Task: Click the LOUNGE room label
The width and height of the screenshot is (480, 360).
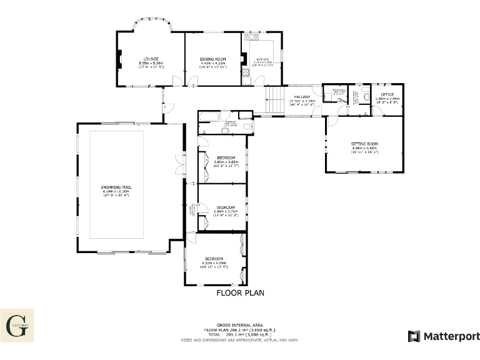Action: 151,59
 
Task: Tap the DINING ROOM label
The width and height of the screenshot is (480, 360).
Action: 212,59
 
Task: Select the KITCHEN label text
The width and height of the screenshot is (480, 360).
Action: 262,59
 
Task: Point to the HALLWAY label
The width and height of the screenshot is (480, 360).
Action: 302,96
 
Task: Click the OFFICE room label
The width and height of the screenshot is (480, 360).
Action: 387,94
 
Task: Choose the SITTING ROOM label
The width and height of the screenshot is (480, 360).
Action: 364,144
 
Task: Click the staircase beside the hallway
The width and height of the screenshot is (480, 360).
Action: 275,100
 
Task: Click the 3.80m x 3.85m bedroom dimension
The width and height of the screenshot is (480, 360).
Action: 226,162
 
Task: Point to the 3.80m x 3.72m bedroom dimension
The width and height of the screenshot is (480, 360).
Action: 225,211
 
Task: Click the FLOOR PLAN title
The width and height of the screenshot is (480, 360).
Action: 241,292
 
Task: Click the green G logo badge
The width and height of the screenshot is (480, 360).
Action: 17,325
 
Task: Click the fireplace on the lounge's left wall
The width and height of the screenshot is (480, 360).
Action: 119,59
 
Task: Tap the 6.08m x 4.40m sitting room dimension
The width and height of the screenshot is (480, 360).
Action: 364,148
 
